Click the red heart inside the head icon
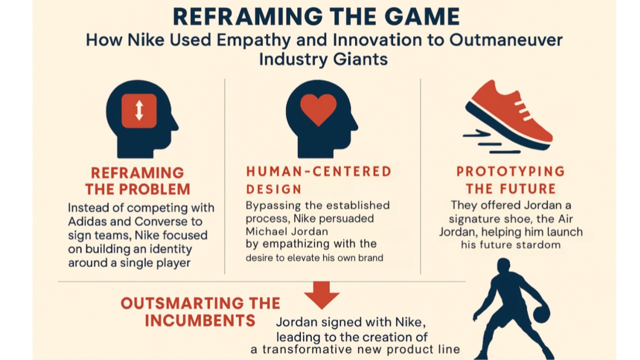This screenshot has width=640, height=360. click(x=318, y=109)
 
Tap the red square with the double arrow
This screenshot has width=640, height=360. click(x=139, y=110)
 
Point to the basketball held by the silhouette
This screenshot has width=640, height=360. click(x=541, y=314)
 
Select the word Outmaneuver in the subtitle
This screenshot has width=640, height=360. click(x=505, y=40)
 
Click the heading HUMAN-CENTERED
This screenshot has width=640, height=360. click(x=319, y=171)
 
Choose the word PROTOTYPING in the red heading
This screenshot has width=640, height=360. click(x=510, y=171)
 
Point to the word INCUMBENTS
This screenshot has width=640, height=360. click(x=200, y=320)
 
